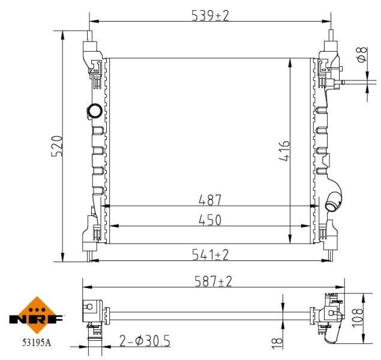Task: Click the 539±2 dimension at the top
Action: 210,15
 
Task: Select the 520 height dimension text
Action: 56,146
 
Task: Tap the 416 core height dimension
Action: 284,151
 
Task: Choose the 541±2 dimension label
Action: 211,254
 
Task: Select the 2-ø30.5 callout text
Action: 145,341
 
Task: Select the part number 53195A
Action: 37,343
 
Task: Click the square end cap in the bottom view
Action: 90,307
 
